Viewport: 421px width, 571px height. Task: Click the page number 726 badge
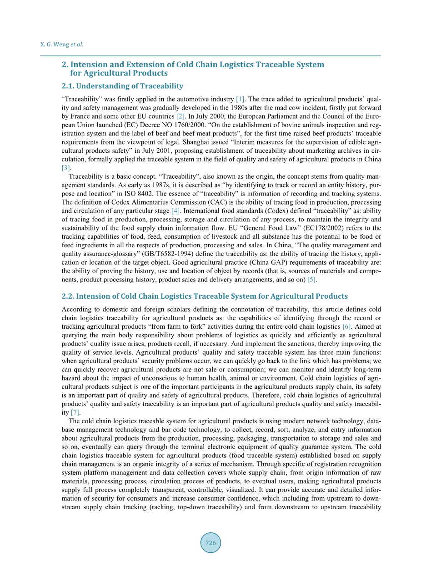click(210, 543)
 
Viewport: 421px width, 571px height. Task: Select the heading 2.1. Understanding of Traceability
click(122, 86)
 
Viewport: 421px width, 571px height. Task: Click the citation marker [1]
click(241, 99)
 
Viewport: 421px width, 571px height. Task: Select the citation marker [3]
click(66, 168)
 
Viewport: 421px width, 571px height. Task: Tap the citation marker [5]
click(312, 280)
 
